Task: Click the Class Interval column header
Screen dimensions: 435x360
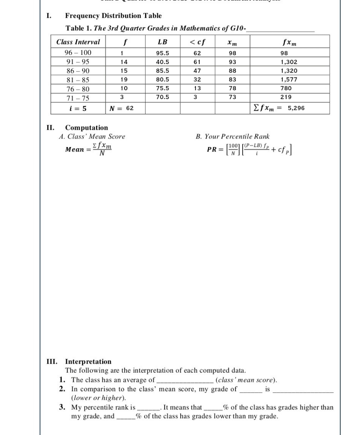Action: coord(78,42)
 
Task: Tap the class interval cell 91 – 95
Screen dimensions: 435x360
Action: coord(78,62)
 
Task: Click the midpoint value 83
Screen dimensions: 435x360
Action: coord(232,79)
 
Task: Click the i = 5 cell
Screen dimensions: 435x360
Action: coord(78,108)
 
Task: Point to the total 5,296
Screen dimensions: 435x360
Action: coord(296,108)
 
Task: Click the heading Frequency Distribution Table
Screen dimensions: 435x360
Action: coord(113,16)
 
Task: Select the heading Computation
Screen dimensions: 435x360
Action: coord(86,128)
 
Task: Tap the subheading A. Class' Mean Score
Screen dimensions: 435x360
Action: coord(92,137)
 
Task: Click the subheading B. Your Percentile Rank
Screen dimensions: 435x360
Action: coord(233,137)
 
